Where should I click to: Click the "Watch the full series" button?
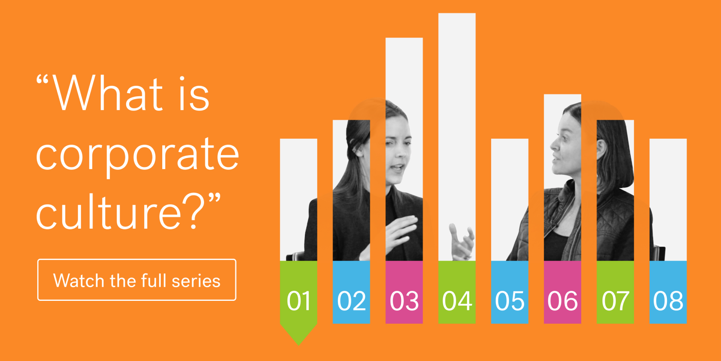coord(137,280)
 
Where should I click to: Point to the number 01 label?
coord(299,301)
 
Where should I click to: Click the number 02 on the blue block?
coord(351,301)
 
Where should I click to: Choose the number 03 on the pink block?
coord(404,301)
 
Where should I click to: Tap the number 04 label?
coord(457,301)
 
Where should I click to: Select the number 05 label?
coord(510,301)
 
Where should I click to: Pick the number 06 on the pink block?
coord(563,301)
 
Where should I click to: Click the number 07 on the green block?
coord(615,301)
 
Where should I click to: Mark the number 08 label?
coord(668,301)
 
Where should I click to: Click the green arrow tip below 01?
coord(299,345)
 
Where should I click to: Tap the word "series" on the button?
coord(196,281)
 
